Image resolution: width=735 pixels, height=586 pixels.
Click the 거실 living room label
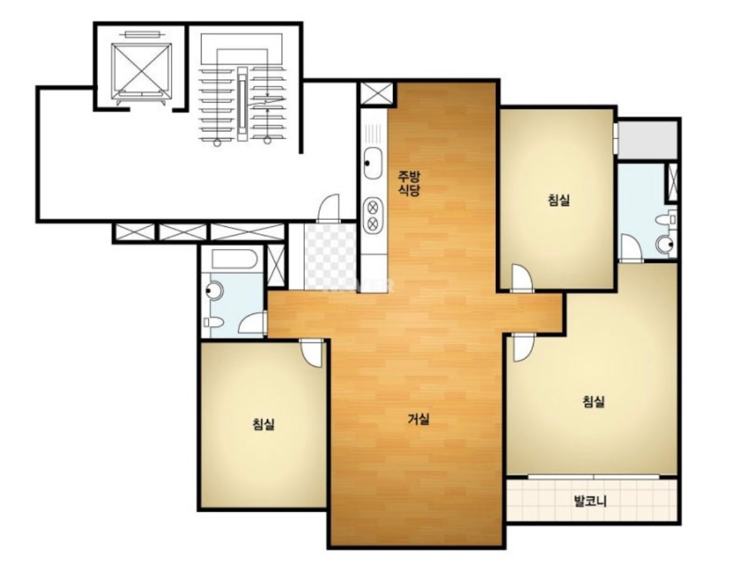pos(418,418)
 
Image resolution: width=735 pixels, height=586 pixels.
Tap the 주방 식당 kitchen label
pos(409,183)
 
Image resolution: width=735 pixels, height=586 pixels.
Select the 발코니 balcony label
pos(590,501)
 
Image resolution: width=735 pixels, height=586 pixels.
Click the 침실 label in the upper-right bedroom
pos(559,200)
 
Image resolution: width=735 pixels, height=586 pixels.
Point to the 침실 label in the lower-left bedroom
pos(263,424)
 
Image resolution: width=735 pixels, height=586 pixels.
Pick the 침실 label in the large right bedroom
pos(593,401)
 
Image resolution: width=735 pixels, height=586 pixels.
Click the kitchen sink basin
pos(373,163)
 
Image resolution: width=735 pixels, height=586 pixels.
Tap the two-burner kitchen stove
pos(373,215)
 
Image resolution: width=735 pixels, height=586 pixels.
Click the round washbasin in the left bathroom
pos(214,291)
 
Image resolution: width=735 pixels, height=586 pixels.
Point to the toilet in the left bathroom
pos(214,323)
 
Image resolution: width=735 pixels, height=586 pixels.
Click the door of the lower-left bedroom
pos(312,353)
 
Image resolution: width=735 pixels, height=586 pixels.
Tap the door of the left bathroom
pos(253,323)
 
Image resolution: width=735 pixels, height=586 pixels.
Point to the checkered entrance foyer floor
pos(330,256)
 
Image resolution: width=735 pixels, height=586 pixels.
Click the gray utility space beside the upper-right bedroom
pos(647,139)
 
